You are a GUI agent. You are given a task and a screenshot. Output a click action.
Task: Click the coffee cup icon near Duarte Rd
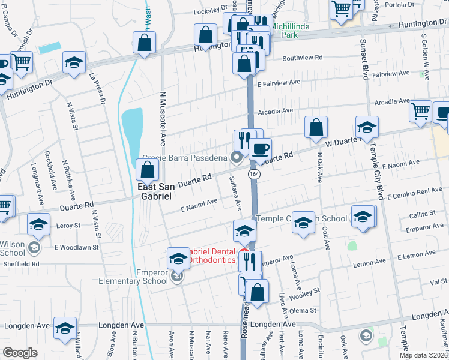pyautogui.click(x=260, y=149)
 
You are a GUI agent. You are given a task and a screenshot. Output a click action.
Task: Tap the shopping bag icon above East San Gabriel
pyautogui.click(x=147, y=172)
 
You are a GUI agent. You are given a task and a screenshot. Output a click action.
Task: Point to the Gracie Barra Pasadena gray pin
pyautogui.click(x=237, y=158)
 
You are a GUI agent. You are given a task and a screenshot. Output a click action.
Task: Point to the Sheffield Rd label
pyautogui.click(x=20, y=263)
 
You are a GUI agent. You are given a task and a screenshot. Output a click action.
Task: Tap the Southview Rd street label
pyautogui.click(x=303, y=58)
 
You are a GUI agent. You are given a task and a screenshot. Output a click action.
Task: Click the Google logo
pyautogui.click(x=20, y=353)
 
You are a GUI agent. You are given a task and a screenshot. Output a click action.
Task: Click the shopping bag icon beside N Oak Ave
pyautogui.click(x=316, y=128)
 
